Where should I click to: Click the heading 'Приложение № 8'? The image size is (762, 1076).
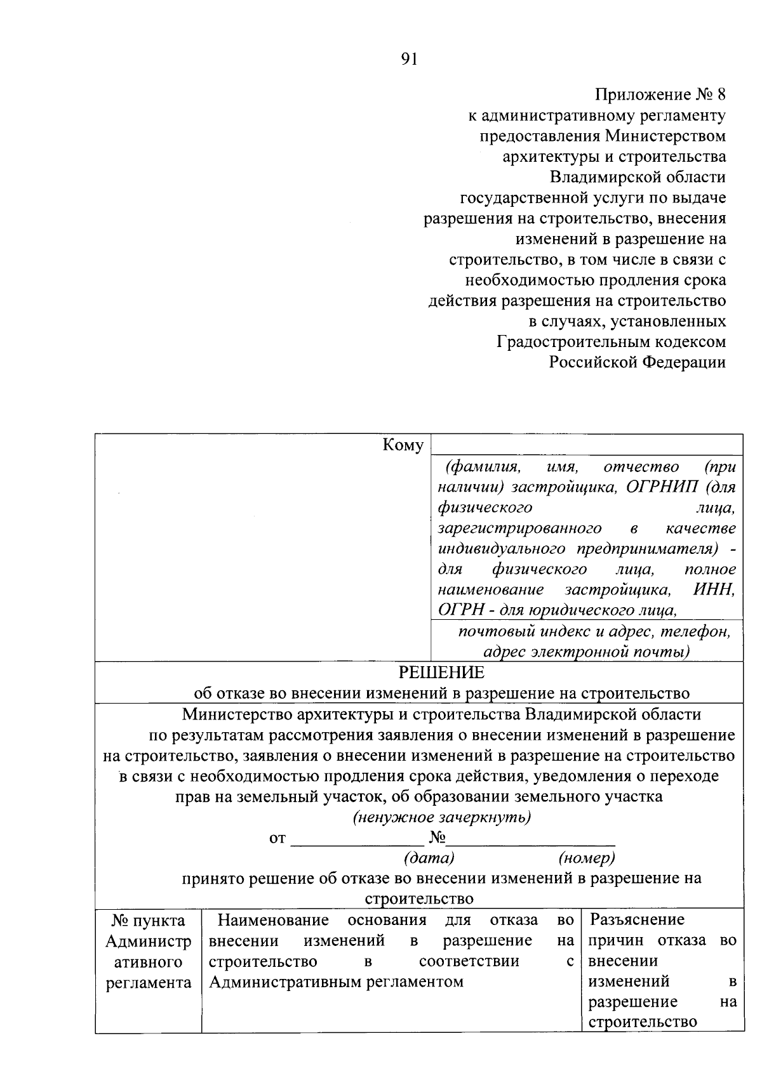[x=660, y=95]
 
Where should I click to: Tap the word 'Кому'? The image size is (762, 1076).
[x=403, y=445]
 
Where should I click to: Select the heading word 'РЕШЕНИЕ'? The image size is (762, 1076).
[x=441, y=672]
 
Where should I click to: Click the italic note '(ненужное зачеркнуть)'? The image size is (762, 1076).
[x=442, y=817]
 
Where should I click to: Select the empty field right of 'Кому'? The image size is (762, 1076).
[x=586, y=444]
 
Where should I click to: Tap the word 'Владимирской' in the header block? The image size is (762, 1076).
[x=601, y=177]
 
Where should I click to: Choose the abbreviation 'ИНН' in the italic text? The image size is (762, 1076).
[x=713, y=589]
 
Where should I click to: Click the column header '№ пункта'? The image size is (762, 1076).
[x=148, y=920]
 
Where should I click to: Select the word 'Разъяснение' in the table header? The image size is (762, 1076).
[x=637, y=919]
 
